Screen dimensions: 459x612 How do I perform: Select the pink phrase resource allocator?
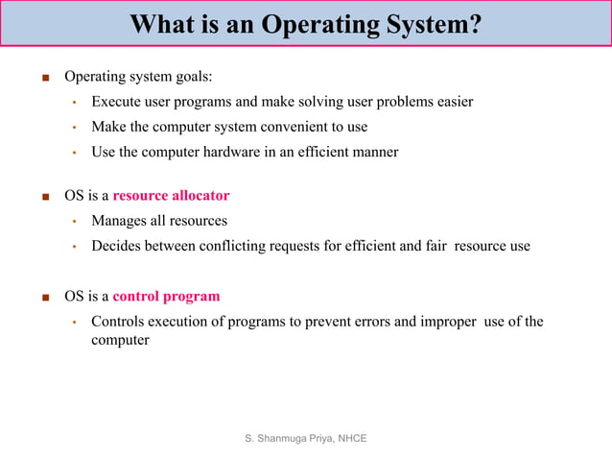[x=171, y=196]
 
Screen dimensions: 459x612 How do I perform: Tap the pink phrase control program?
[x=166, y=296]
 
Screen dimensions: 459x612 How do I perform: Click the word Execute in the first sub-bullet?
[x=116, y=101]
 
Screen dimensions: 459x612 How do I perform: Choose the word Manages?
[x=119, y=221]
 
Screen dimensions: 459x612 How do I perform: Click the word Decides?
[x=116, y=246]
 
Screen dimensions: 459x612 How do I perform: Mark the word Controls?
[x=120, y=321]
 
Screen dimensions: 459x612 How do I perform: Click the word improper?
[x=448, y=321]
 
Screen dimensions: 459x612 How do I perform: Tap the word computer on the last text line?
[x=120, y=340]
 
